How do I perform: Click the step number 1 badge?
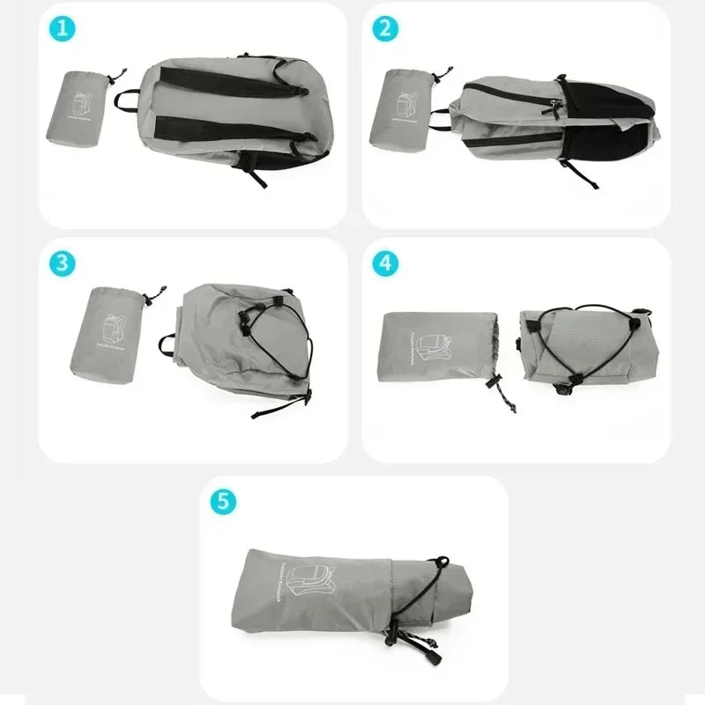(x=62, y=28)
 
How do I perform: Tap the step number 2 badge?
(x=384, y=28)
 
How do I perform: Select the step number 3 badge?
(x=62, y=263)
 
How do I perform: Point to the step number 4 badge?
(x=384, y=263)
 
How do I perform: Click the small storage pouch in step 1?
(x=76, y=108)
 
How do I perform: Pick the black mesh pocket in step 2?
(x=608, y=141)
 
